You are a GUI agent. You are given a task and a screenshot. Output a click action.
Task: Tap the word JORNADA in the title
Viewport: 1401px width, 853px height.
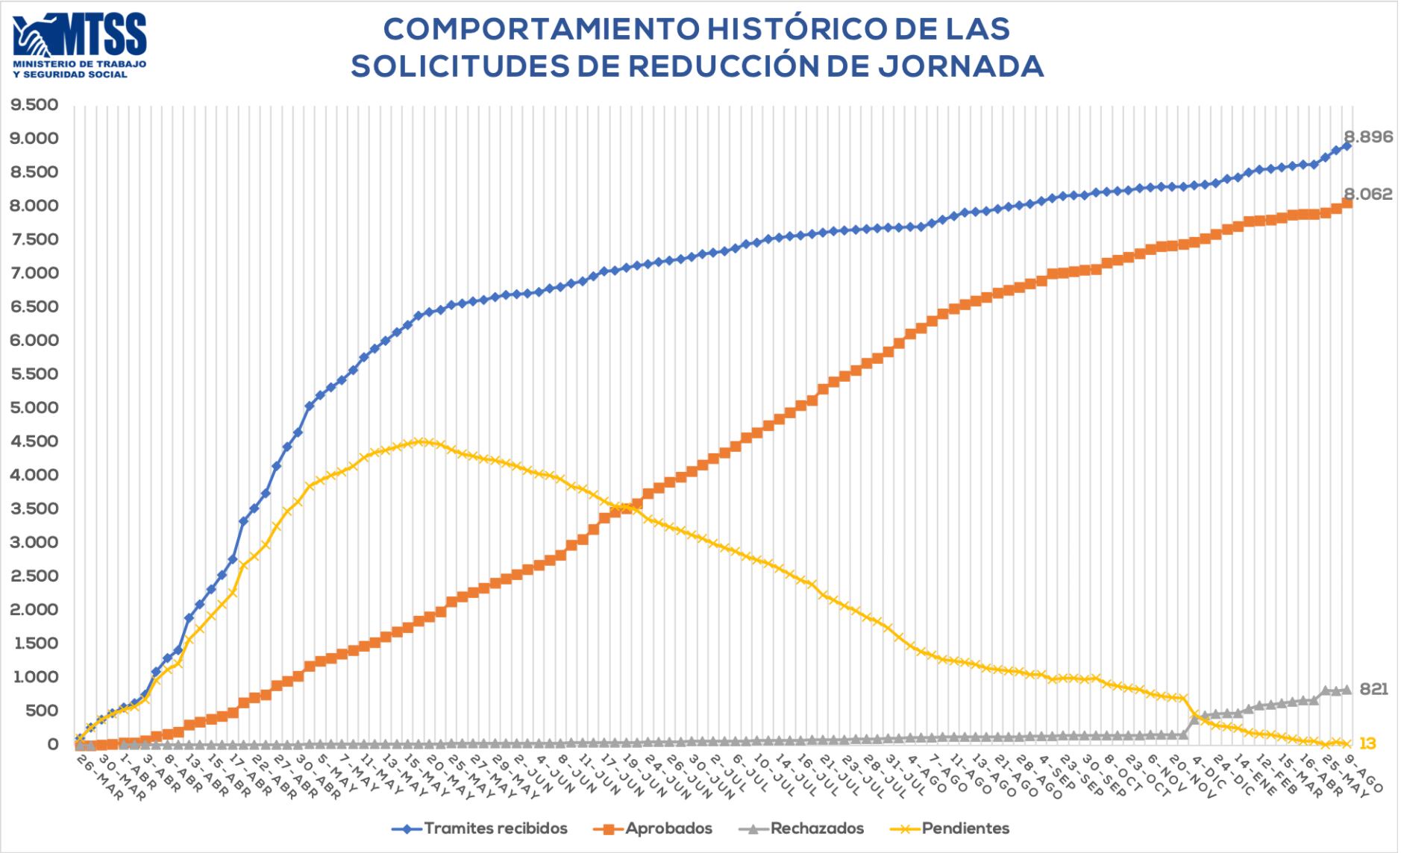pos(961,66)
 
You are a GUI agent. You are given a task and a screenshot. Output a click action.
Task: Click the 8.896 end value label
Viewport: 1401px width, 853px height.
pos(1367,136)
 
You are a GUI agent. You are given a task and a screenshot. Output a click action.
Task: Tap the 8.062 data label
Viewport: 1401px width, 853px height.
pos(1367,195)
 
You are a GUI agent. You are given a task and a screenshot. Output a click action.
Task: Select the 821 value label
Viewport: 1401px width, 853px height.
pos(1374,690)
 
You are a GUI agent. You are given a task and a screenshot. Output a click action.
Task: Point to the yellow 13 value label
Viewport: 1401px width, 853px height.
pos(1367,743)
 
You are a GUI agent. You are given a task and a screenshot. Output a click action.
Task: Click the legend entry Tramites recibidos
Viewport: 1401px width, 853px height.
pos(495,828)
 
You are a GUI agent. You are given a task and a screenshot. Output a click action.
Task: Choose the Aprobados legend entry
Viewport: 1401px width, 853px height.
pos(668,828)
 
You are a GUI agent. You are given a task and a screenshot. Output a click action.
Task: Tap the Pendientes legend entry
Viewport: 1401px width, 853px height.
pos(965,828)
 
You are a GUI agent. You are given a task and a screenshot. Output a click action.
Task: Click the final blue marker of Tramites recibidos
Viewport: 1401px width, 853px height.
pos(1347,146)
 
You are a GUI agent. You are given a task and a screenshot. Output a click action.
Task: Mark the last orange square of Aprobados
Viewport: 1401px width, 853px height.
pos(1347,203)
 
